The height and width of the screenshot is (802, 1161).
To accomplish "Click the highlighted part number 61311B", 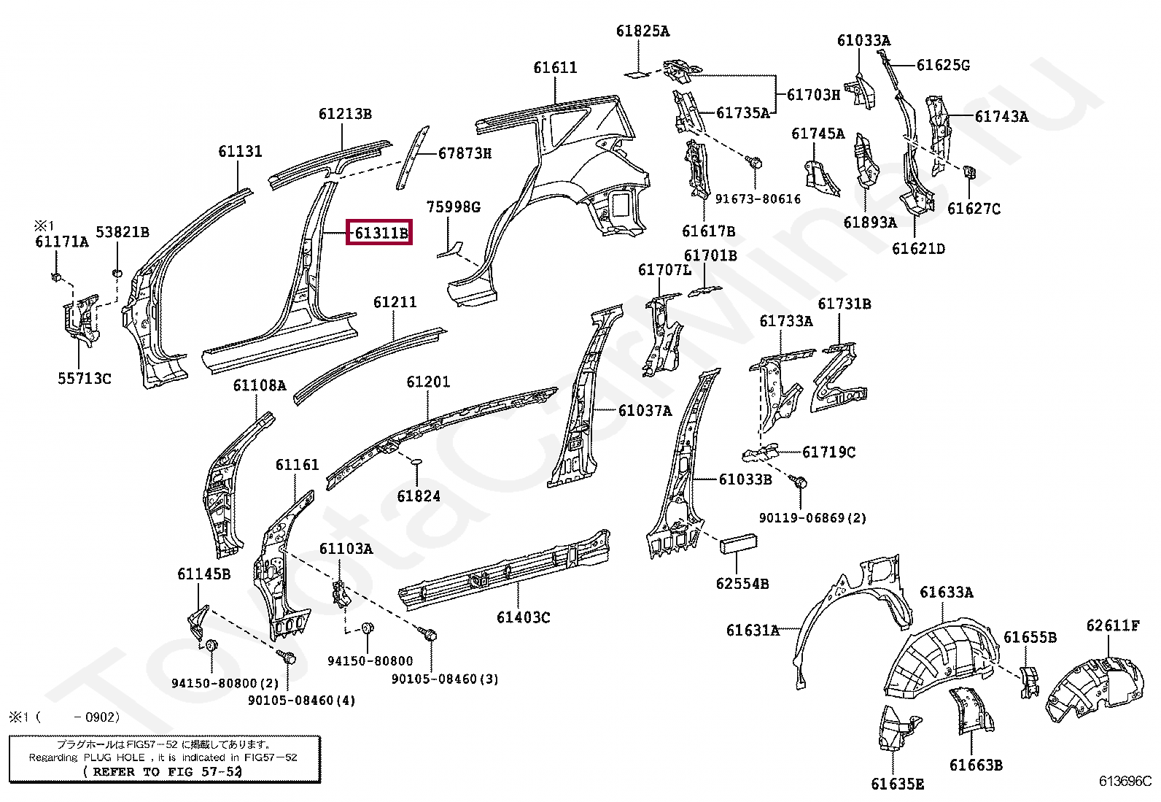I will pos(381,234).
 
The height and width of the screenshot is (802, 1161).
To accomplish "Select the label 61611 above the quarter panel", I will pos(555,68).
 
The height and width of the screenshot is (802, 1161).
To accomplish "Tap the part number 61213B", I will pos(345,114).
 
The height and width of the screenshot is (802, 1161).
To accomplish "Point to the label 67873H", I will pos(465,153).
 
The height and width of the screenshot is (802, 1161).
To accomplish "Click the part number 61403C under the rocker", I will pos(524,617).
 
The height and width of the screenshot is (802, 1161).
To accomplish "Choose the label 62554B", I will pos(742,583).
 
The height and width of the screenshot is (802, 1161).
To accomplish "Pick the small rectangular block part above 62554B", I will pos(739,544).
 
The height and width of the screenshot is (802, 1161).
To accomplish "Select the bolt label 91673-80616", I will pos(758,198).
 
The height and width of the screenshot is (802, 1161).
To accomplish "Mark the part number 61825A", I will pos(642,31).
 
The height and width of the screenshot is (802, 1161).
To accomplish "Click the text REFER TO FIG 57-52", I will pos(162,771).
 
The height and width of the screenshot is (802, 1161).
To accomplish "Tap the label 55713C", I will pos(85,379).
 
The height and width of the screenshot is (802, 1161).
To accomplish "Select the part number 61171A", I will pos(61,242).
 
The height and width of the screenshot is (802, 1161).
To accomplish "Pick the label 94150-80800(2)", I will pos(225,683).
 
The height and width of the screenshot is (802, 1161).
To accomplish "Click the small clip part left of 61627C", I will pos(971,172).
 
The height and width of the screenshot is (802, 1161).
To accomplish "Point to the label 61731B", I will pos(844,304).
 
